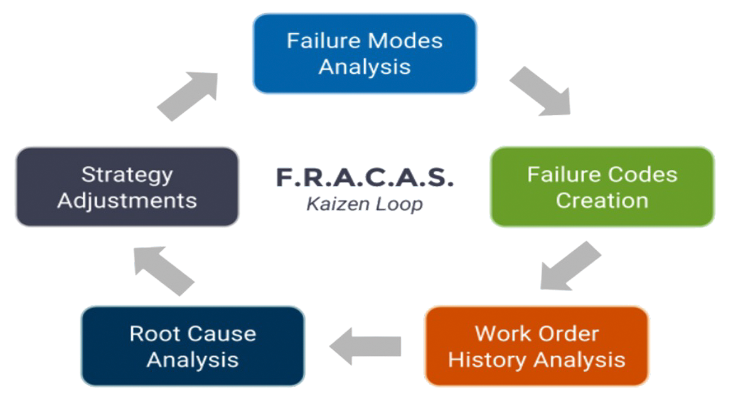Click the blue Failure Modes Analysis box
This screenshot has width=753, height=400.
pyautogui.click(x=365, y=54)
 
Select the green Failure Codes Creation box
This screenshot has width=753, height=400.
pyautogui.click(x=602, y=187)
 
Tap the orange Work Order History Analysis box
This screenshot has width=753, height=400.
pyautogui.click(x=537, y=346)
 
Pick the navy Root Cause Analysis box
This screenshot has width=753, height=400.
pyautogui.click(x=193, y=346)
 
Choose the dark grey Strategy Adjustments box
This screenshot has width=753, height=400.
pyautogui.click(x=127, y=187)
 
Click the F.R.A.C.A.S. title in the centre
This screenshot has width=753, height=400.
pyautogui.click(x=365, y=177)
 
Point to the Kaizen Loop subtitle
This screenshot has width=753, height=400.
pyautogui.click(x=365, y=204)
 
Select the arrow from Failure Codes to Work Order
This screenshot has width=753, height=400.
pyautogui.click(x=570, y=266)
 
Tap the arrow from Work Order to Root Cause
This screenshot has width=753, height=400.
pyautogui.click(x=365, y=345)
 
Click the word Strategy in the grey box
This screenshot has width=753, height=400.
pyautogui.click(x=127, y=175)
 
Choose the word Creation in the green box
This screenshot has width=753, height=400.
pyautogui.click(x=602, y=201)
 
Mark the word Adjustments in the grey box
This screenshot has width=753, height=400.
pyautogui.click(x=127, y=201)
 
